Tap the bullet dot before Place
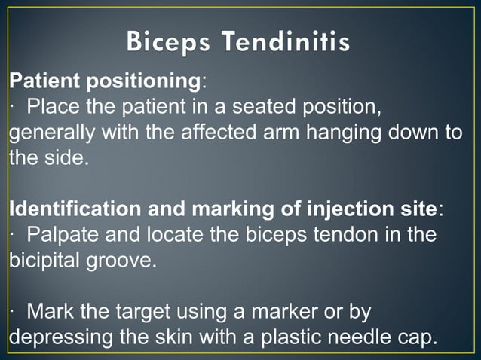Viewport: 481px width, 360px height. click(x=14, y=107)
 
